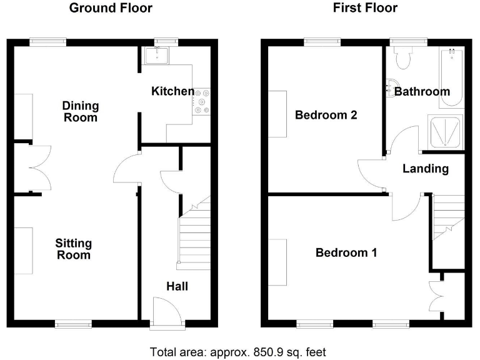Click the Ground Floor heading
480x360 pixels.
click(111, 8)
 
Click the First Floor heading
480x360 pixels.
click(364, 8)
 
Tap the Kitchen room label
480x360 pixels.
click(172, 91)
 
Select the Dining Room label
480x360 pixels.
click(81, 111)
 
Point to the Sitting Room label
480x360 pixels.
click(73, 249)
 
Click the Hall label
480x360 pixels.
click(177, 286)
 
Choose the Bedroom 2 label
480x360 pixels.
click(326, 115)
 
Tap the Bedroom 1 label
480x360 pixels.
click(346, 252)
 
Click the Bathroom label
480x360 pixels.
click(422, 92)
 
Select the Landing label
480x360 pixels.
click(425, 169)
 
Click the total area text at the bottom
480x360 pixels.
click(238, 352)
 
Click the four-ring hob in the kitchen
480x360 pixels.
click(202, 101)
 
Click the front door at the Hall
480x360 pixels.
click(167, 311)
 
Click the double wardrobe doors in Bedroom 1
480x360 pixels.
click(435, 295)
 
